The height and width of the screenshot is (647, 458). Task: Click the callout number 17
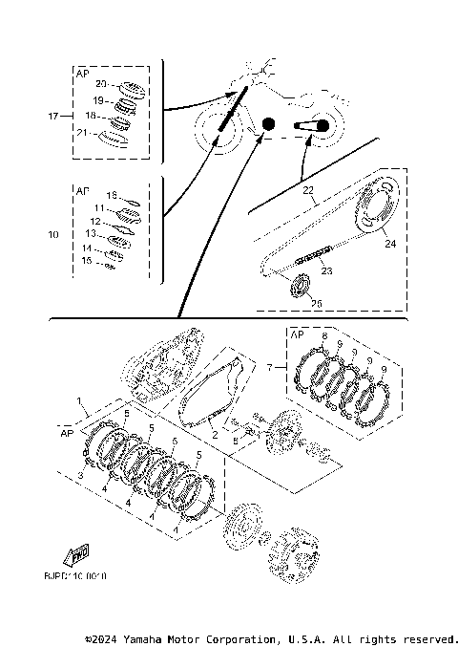tap(52, 116)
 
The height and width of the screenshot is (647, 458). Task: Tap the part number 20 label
tap(99, 84)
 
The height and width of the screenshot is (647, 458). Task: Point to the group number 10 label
tap(52, 232)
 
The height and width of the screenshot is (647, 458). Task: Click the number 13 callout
tap(89, 233)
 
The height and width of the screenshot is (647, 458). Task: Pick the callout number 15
tap(87, 260)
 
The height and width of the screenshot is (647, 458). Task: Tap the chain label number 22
tap(308, 190)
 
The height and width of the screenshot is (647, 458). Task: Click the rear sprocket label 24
tap(389, 243)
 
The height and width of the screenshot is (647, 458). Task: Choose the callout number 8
tap(324, 337)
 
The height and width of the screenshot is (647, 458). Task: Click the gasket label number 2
tap(216, 435)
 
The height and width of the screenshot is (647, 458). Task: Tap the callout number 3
tap(80, 474)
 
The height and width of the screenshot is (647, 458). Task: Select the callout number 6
tap(235, 442)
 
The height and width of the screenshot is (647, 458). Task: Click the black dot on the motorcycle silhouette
tap(268, 124)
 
